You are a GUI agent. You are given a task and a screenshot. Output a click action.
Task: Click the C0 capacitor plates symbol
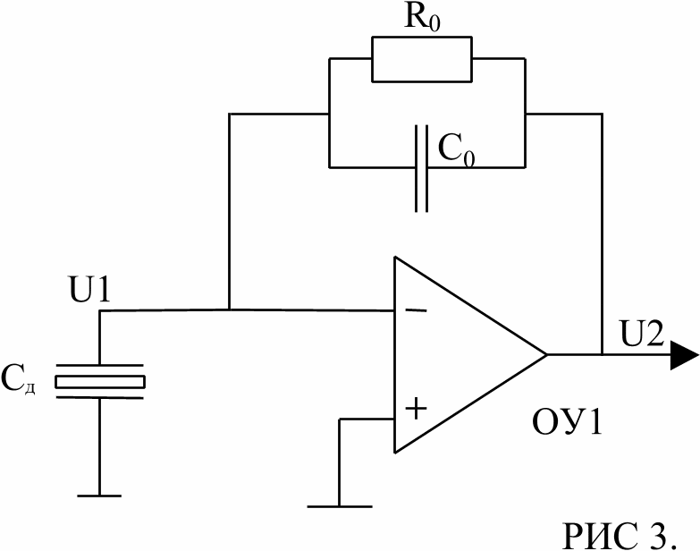tap(421, 167)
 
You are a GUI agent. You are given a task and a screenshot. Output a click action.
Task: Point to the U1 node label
tap(89, 290)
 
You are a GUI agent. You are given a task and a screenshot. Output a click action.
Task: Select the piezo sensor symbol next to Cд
tap(99, 380)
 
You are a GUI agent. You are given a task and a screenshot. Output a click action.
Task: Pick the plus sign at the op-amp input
tap(417, 411)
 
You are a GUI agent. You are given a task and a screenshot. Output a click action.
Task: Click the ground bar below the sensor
tap(99, 494)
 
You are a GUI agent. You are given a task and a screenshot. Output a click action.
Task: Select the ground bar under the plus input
tap(339, 506)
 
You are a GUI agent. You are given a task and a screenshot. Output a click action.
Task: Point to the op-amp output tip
tap(546, 354)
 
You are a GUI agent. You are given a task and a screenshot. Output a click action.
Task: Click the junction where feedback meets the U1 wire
tap(230, 310)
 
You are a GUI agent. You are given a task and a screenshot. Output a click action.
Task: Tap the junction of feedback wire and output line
tap(602, 354)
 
